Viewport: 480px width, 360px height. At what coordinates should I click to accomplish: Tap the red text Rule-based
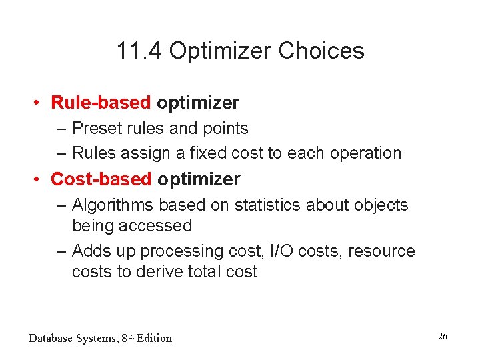coord(101,103)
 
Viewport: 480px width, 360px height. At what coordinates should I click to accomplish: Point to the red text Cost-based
coord(101,179)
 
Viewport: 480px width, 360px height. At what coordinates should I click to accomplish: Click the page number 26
coord(442,336)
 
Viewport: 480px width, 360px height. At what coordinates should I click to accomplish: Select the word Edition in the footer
coord(153,338)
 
